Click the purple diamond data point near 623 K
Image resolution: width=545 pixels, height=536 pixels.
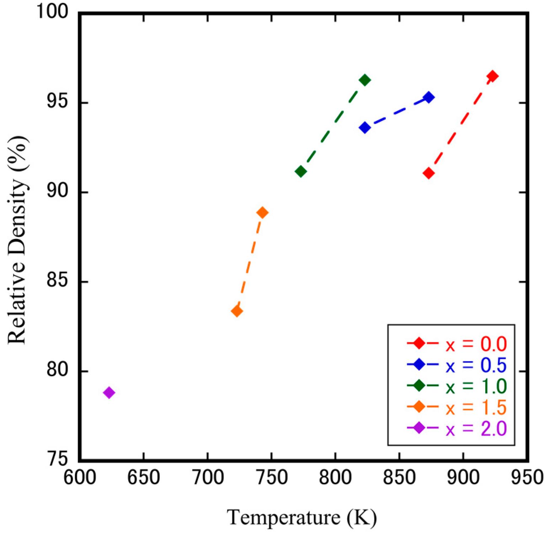coord(109,393)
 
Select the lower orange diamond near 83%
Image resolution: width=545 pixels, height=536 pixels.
coord(237,311)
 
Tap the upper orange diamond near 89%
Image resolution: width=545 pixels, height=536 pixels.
coord(262,213)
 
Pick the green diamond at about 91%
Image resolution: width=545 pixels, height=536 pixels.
coord(301,172)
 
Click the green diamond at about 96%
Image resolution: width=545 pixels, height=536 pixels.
coord(365,80)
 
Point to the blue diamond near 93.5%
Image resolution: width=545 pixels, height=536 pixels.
coord(365,128)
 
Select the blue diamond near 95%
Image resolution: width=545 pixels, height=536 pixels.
coord(429,97)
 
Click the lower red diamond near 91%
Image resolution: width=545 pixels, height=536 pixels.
coord(429,173)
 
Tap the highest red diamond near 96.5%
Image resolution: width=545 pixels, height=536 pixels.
coord(492,76)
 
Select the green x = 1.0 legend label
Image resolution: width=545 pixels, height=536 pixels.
coord(476,386)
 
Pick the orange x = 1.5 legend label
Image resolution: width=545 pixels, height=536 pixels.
coord(476,407)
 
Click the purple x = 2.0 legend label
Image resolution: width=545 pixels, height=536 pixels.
coord(476,428)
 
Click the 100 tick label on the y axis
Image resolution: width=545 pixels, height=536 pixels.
coord(53,12)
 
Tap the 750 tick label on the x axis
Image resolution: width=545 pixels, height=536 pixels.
coord(271,478)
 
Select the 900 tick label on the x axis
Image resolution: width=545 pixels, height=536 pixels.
coord(463,478)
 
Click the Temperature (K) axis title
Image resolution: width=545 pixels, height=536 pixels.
coord(302,518)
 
